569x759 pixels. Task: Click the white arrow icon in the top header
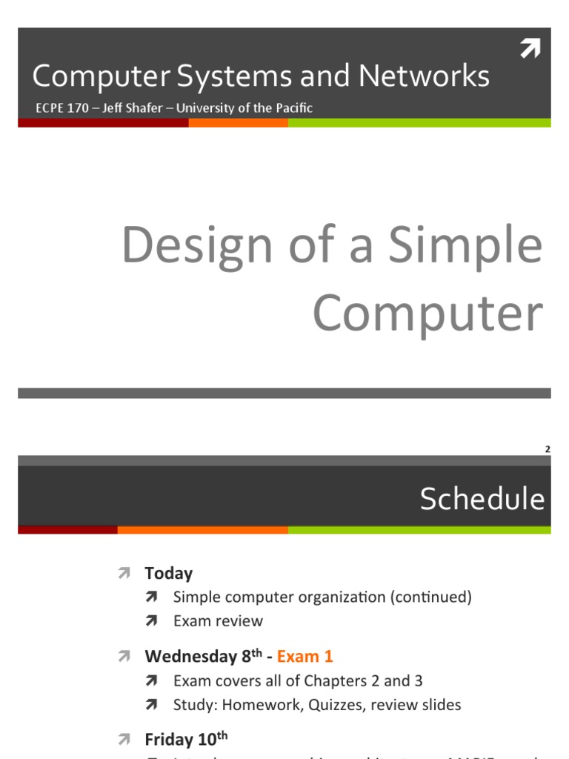pos(530,49)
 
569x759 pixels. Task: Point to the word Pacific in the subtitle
pos(292,108)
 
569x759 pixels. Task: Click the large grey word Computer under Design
pos(427,314)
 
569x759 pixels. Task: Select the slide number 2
pos(547,449)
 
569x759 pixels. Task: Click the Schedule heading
pos(482,500)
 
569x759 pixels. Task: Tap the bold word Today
pos(169,573)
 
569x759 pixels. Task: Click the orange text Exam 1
pos(305,656)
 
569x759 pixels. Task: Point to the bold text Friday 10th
pos(186,739)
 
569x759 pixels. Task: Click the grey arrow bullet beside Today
pos(123,573)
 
